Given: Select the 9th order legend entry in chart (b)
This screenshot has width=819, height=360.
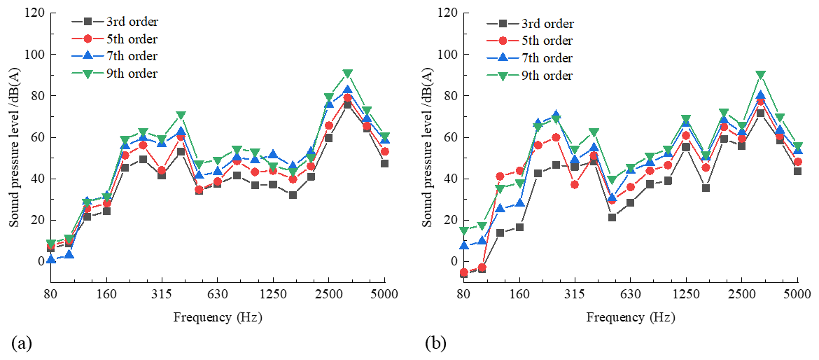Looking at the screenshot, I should point(548,75).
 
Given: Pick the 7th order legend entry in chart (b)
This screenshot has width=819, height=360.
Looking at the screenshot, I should point(548,58).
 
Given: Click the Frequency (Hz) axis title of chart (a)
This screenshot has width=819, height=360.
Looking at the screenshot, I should point(217,317).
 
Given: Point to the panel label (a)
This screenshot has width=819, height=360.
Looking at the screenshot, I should point(22,343).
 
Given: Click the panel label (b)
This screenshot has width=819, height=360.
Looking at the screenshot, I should point(435,343).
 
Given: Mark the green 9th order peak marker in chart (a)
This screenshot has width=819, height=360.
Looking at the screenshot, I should point(348,74).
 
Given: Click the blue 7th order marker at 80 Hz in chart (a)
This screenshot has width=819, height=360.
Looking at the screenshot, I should point(50,260).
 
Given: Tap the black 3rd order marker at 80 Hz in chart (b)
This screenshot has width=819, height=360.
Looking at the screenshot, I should point(463,274).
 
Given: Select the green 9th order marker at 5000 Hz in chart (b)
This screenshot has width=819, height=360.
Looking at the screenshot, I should point(797,146).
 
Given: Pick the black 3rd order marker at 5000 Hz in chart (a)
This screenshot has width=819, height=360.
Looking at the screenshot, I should point(384,164).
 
